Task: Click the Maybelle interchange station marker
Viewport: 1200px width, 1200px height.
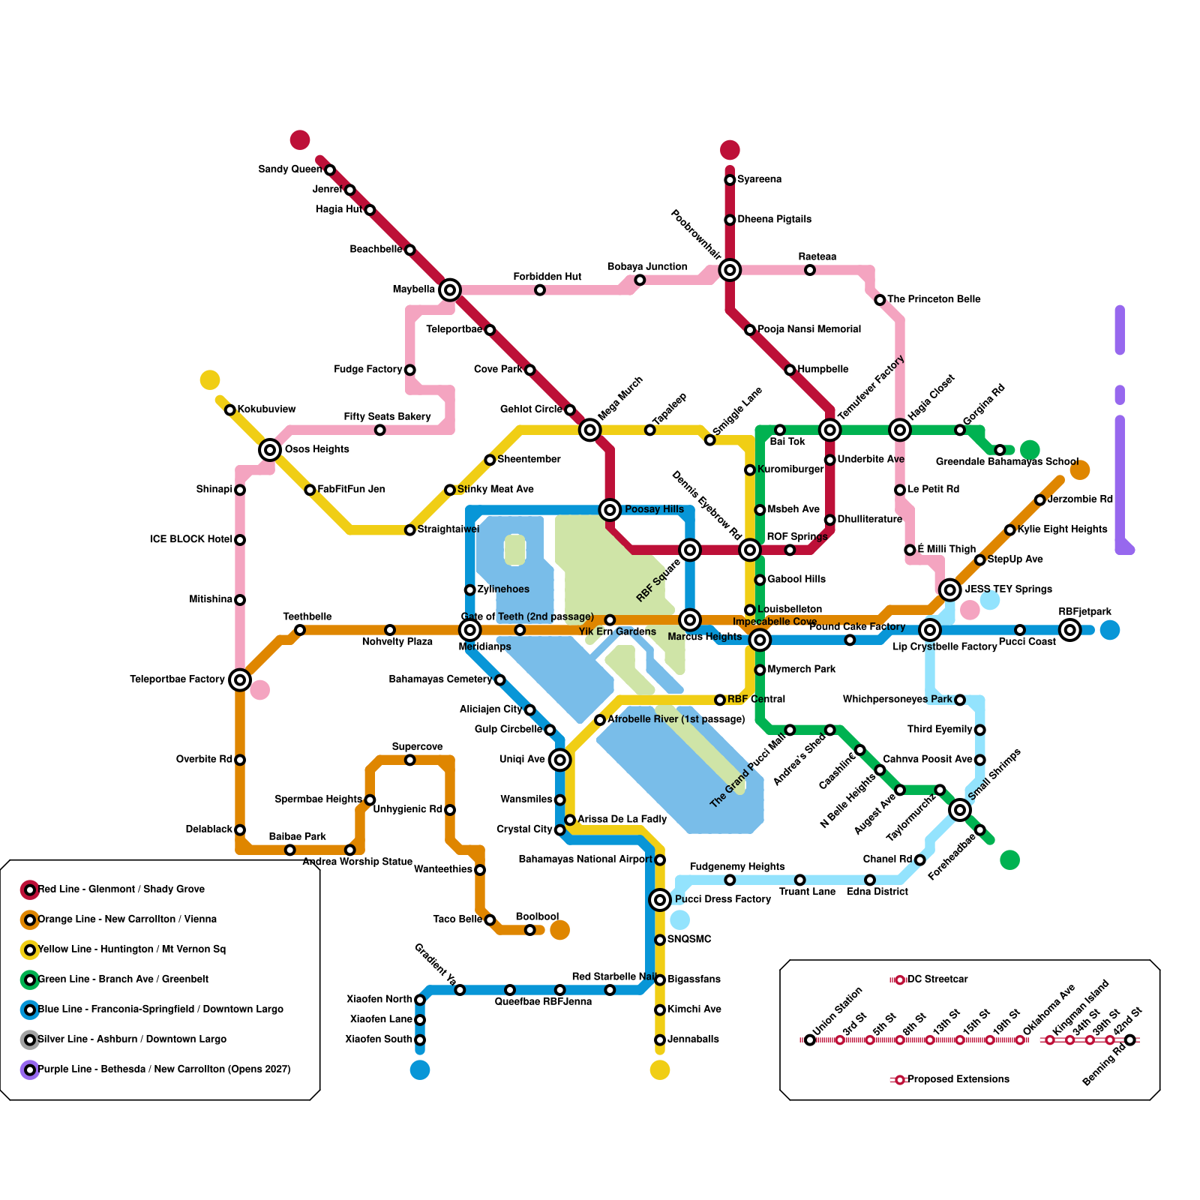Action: pos(450,289)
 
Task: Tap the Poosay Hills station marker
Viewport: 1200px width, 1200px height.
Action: pos(610,510)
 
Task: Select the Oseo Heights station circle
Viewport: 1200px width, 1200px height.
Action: pos(270,450)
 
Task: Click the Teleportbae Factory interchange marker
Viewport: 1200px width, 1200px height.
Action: pos(240,680)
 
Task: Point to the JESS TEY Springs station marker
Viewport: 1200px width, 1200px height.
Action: pos(950,590)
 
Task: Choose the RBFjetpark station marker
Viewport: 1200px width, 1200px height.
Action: pos(1070,630)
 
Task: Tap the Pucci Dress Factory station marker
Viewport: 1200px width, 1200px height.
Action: pos(660,899)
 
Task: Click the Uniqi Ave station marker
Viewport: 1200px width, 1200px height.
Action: pos(559,760)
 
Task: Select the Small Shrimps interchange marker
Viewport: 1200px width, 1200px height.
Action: pos(960,810)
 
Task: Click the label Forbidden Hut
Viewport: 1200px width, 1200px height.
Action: pos(547,277)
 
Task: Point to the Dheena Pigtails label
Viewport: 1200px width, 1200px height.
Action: pos(774,219)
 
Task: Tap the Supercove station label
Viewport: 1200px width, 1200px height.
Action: pos(417,747)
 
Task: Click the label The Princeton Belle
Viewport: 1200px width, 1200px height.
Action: pos(934,299)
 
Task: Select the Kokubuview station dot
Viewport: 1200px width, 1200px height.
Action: pos(230,409)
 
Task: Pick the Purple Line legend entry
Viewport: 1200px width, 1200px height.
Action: pos(163,1069)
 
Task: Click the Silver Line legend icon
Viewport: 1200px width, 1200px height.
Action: pos(30,1040)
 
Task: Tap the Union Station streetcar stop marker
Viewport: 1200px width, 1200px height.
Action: pos(810,1040)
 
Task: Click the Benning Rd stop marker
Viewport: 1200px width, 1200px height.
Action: pos(1130,1040)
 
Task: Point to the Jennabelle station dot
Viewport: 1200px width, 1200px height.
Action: pos(660,1040)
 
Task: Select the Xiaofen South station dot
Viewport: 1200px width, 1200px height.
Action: pos(420,1040)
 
